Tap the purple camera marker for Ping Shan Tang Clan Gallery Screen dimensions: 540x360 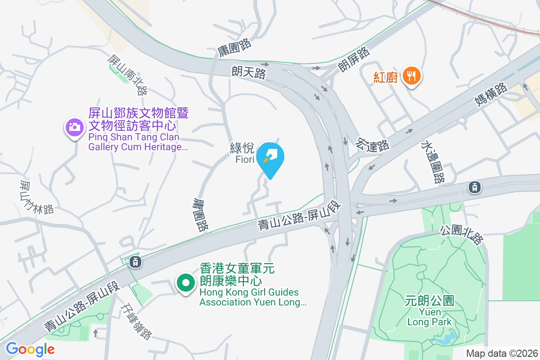[x=75, y=127]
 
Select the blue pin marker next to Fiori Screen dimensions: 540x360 [x=272, y=157]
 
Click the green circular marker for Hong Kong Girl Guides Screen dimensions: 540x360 [x=185, y=283]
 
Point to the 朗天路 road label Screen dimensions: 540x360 [x=249, y=72]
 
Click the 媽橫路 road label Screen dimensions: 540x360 [x=492, y=94]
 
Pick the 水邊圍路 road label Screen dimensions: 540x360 [x=432, y=162]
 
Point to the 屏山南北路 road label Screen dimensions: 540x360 [x=127, y=75]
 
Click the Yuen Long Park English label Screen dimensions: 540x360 [x=429, y=317]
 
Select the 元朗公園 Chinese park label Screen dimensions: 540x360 [x=429, y=300]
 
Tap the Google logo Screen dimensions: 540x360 [x=30, y=349]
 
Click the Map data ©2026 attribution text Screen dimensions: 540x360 [x=502, y=353]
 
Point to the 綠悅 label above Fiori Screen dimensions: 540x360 [x=242, y=148]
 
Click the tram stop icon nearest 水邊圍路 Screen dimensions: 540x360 [x=474, y=187]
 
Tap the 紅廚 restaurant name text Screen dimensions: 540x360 [x=386, y=77]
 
